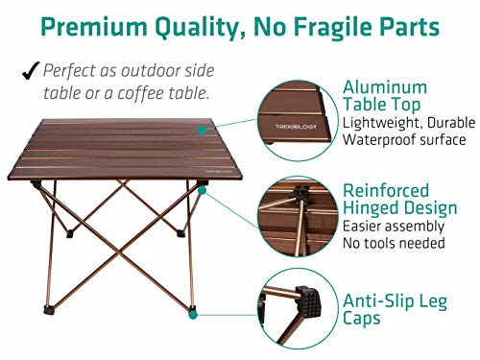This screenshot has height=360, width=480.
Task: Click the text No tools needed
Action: coord(394,244)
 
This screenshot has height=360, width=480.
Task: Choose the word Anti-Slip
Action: coord(381,300)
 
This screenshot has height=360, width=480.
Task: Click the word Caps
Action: coord(363,318)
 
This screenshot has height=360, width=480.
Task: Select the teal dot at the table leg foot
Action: coord(194,312)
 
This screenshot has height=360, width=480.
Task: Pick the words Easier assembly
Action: coord(394,227)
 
